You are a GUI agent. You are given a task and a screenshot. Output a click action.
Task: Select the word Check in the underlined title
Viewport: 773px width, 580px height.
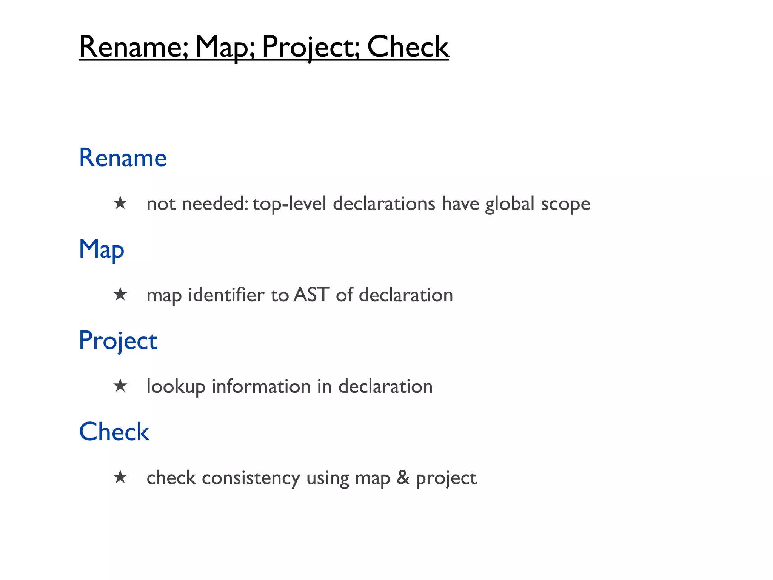click(x=408, y=47)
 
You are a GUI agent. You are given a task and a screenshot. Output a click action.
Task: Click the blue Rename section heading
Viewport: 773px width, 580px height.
click(x=123, y=157)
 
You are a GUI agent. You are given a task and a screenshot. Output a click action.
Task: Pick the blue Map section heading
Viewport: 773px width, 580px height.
click(x=101, y=249)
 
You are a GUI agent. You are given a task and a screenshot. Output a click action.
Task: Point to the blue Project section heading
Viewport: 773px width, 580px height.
click(x=118, y=341)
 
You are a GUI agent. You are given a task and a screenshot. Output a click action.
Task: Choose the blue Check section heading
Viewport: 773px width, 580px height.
click(x=114, y=432)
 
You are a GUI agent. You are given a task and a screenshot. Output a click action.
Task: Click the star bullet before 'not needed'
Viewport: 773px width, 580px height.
click(x=120, y=203)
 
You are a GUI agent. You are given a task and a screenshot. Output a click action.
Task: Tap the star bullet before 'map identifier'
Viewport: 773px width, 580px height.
click(x=120, y=295)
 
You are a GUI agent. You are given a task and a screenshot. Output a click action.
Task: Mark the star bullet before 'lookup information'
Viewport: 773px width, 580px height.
click(x=120, y=386)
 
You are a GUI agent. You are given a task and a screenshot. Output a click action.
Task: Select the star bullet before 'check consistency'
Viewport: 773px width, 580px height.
click(x=120, y=477)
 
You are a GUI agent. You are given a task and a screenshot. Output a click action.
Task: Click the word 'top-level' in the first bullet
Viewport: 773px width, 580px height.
click(x=289, y=204)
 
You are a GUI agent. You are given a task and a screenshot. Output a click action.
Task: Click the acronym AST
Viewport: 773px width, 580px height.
click(x=311, y=295)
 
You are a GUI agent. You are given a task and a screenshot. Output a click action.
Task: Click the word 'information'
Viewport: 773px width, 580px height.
click(x=261, y=386)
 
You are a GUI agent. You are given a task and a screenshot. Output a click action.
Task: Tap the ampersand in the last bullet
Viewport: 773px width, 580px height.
click(x=403, y=477)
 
